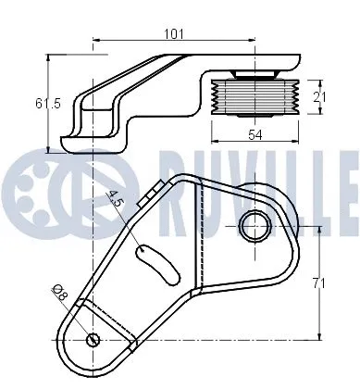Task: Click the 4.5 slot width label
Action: coord(117,200)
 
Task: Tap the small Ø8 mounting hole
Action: coord(93,339)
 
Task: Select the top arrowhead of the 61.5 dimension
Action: coord(47,56)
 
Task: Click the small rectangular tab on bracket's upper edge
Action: coord(145,196)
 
